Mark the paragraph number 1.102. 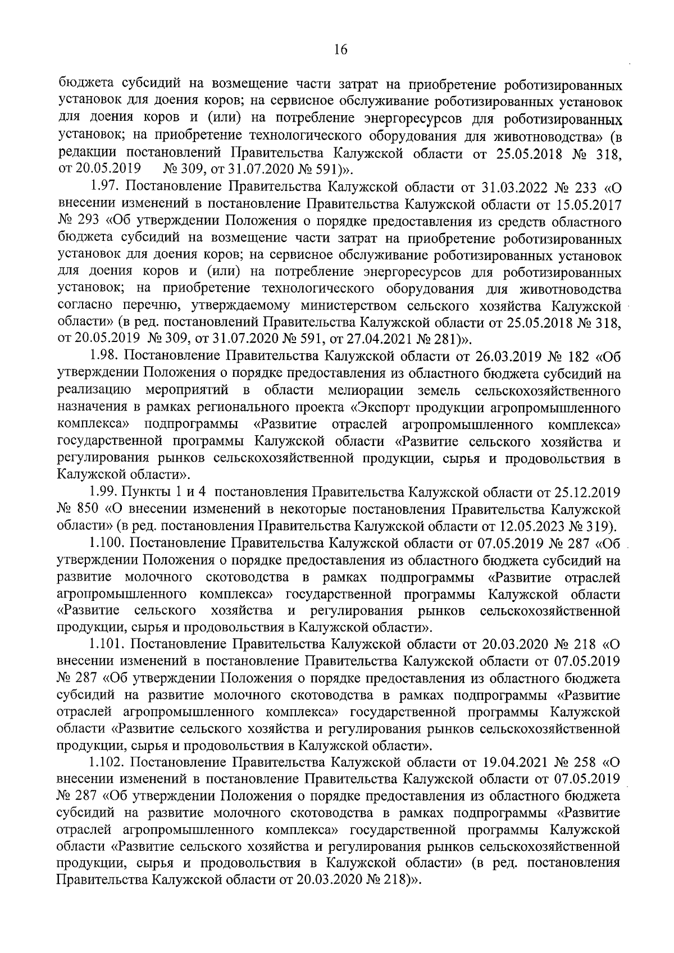[x=107, y=764]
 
